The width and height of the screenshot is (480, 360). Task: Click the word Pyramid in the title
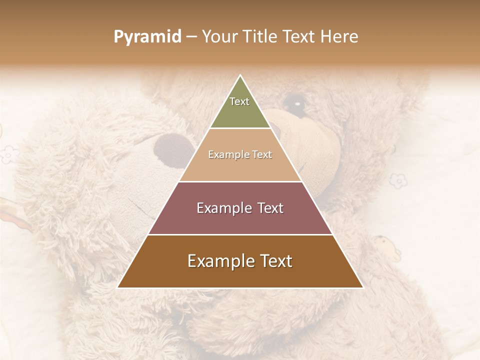point(147,37)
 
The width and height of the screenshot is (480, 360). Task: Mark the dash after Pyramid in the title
point(191,37)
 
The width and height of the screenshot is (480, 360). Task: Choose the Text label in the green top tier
point(239,101)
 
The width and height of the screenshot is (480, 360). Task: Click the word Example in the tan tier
point(228,155)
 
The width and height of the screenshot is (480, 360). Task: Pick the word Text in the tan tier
point(262,155)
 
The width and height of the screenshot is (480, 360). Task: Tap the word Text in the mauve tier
point(270,208)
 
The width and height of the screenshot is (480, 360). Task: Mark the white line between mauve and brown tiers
point(240,234)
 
